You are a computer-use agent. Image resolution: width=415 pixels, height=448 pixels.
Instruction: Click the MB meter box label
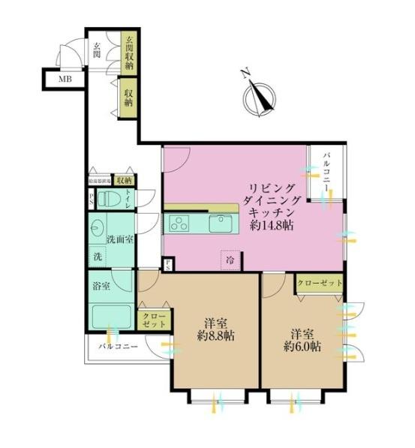click(x=56, y=77)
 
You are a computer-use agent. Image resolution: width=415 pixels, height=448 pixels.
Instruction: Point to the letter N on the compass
click(x=245, y=72)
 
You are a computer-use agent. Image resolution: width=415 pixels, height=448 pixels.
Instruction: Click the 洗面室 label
click(x=119, y=239)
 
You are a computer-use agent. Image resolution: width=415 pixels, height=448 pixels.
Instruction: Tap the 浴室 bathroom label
click(x=101, y=286)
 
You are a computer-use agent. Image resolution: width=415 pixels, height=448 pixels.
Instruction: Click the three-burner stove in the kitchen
click(x=181, y=221)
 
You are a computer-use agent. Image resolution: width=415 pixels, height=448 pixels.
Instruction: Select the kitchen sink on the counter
click(x=222, y=222)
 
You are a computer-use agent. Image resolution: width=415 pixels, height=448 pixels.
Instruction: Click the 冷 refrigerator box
click(x=230, y=259)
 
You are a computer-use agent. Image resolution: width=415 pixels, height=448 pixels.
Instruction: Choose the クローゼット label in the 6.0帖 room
click(x=320, y=284)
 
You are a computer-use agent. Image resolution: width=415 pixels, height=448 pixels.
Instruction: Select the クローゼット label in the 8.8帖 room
click(x=155, y=320)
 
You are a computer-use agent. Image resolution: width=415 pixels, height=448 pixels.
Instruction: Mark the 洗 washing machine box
click(x=98, y=257)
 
